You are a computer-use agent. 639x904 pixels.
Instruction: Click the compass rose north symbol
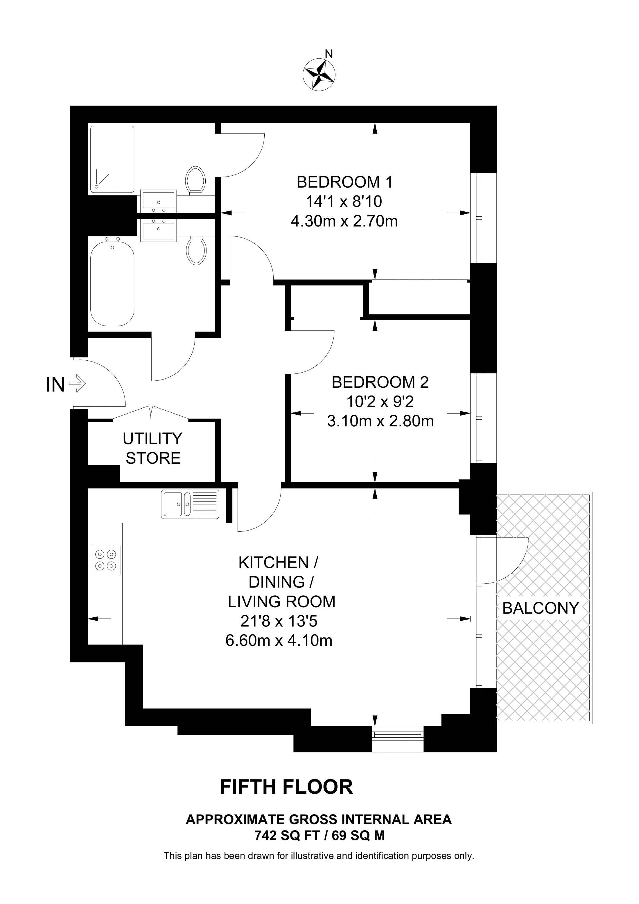click(x=319, y=73)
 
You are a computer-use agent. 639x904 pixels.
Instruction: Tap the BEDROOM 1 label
click(x=344, y=182)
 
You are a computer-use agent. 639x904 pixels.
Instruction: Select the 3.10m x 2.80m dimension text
click(x=380, y=421)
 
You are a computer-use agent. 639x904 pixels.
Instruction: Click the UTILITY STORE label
click(x=153, y=448)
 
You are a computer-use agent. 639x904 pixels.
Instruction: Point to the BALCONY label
click(x=541, y=608)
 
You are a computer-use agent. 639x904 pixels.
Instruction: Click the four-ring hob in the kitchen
click(x=105, y=560)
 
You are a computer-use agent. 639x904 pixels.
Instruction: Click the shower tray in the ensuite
click(x=112, y=159)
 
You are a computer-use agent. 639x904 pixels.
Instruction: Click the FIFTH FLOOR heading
click(x=286, y=787)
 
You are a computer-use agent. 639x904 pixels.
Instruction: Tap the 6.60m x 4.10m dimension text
click(x=279, y=641)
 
